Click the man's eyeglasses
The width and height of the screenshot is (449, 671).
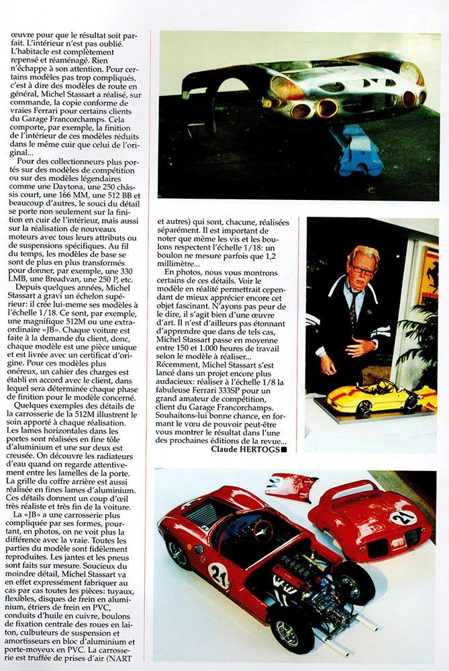[363, 271]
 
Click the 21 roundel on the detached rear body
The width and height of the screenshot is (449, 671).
[403, 517]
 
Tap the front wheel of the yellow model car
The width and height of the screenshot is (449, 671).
[363, 407]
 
